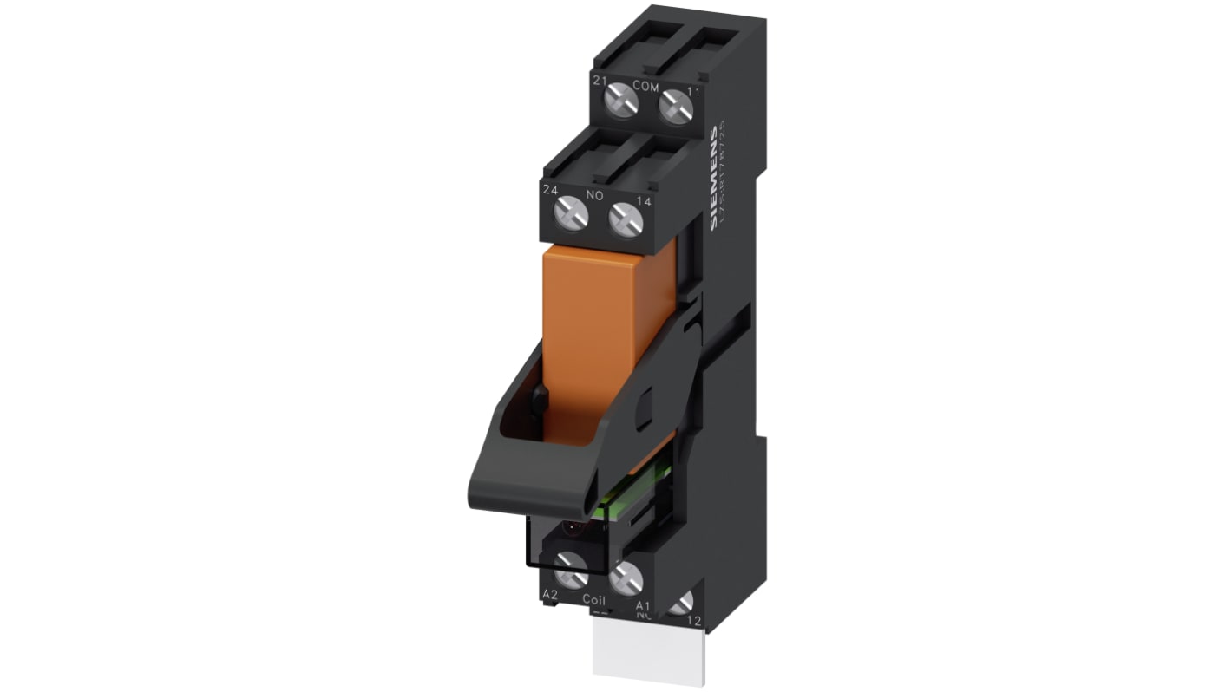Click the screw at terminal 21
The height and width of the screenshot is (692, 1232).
click(x=621, y=103)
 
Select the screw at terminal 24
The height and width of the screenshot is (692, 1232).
click(x=571, y=212)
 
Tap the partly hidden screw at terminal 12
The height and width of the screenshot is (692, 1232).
click(x=682, y=603)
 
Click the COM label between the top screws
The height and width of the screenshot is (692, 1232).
click(x=645, y=85)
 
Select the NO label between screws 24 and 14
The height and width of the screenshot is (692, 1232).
click(x=594, y=195)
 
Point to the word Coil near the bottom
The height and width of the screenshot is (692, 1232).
click(x=593, y=599)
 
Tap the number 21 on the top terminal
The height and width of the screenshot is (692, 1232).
click(x=599, y=80)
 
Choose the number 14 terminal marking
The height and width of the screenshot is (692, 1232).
click(x=644, y=202)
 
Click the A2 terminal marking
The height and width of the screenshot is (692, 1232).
click(x=549, y=594)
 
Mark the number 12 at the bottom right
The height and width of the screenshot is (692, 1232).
click(x=693, y=621)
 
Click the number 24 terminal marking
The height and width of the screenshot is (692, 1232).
click(x=549, y=188)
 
